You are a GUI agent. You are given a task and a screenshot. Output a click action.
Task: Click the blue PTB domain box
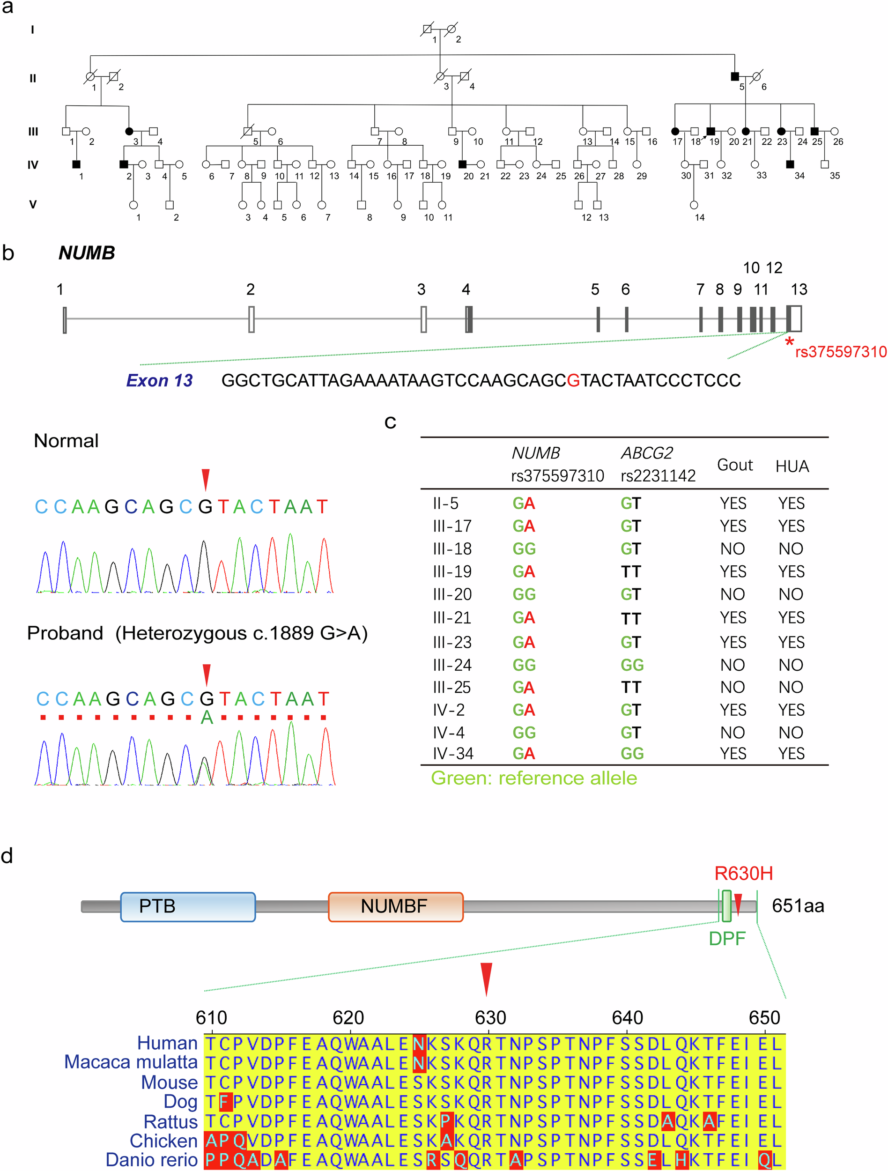(188, 906)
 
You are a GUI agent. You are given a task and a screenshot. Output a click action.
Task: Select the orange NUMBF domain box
(395, 906)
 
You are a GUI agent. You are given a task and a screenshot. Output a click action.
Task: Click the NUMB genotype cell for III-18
(524, 549)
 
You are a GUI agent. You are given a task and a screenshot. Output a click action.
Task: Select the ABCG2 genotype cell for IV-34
(632, 753)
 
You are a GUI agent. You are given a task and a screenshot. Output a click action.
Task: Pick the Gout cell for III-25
(733, 687)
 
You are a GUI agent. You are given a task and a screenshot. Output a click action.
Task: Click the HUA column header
(792, 467)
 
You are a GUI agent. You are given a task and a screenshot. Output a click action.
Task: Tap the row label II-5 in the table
(445, 504)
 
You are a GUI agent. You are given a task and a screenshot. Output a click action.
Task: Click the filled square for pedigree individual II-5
(734, 76)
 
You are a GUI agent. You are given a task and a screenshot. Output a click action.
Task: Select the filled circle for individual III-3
(129, 131)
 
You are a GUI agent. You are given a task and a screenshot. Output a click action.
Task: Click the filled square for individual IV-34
(790, 164)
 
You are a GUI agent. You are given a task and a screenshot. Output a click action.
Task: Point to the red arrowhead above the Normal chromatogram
(206, 479)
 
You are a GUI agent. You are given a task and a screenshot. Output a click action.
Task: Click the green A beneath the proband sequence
(207, 718)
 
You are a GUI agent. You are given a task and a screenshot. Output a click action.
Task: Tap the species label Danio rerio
(151, 1159)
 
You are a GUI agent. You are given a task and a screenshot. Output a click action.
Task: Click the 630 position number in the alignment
(490, 1017)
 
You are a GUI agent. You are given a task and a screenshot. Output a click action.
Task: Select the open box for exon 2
(252, 319)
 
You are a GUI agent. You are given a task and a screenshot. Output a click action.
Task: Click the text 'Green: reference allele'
(533, 778)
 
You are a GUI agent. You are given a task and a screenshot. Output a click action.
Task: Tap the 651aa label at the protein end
(798, 906)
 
